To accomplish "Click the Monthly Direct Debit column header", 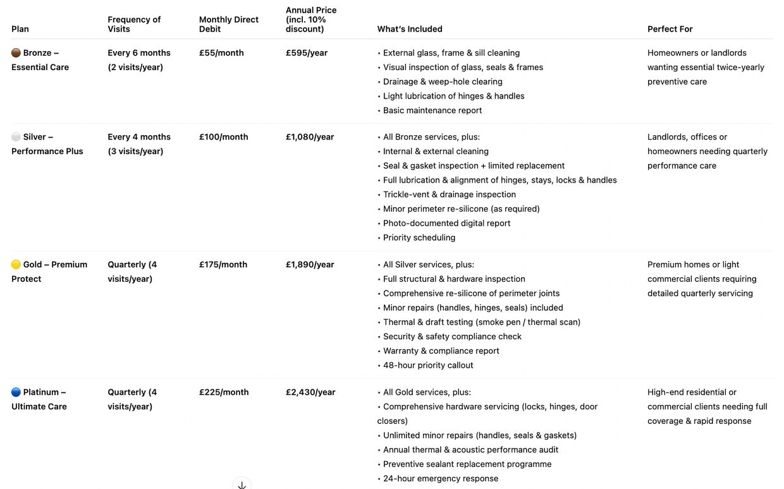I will [x=228, y=24].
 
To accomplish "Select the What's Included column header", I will [x=410, y=29].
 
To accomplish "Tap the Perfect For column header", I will [x=670, y=29].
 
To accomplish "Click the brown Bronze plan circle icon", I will [x=16, y=53].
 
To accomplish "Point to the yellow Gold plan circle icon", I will [x=16, y=265].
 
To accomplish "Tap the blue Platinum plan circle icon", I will [x=16, y=392].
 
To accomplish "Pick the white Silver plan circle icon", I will [x=16, y=137].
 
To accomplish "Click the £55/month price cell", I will [x=221, y=53].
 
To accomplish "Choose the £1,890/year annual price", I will [x=310, y=265].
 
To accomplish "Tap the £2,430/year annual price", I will [x=310, y=392].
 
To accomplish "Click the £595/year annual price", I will [x=307, y=53].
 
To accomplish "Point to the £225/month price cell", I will [x=224, y=392].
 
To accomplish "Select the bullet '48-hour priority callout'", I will [x=427, y=365].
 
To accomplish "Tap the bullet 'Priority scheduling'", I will [x=419, y=238].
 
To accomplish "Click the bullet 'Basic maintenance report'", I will [x=432, y=111].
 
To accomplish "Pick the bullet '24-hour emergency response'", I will [x=440, y=478].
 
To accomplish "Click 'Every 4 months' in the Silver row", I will [x=139, y=137].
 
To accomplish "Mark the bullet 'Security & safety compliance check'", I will [x=451, y=337].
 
